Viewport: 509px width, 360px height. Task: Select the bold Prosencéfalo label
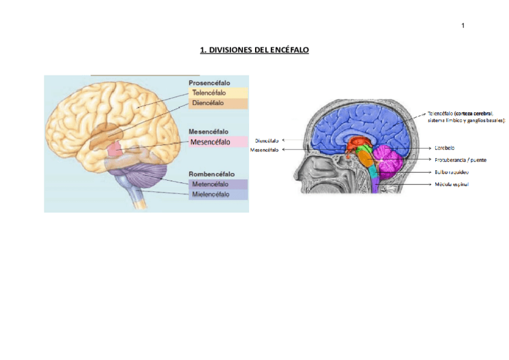(209, 83)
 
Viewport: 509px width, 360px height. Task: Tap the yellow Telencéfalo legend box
(218, 93)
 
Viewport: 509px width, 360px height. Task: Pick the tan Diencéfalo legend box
(218, 103)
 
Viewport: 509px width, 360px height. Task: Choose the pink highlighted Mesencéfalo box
(218, 142)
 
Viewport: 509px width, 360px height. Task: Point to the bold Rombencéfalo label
(211, 174)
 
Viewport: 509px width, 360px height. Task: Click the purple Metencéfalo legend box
(218, 185)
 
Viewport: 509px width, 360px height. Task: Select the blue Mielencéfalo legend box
(218, 195)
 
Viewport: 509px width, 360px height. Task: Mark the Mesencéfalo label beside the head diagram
(264, 150)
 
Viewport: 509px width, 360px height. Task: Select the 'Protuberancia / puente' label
(460, 160)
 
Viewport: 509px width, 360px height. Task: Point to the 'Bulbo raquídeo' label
(452, 172)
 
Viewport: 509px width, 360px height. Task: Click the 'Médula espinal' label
(451, 184)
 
